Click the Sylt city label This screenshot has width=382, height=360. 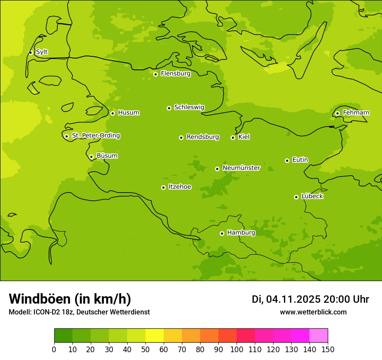coord(42,52)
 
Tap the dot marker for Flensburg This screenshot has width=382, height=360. coord(155,74)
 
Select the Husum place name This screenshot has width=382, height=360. coord(128,113)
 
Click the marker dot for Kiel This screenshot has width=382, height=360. coord(233,137)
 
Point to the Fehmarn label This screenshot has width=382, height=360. coord(356,113)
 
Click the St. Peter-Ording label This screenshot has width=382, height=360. coord(96,136)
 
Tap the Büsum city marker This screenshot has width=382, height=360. coord(91,157)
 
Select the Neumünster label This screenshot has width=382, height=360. coord(241,168)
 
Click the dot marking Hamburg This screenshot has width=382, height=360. coord(222,233)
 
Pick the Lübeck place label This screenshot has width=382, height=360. coord(312,196)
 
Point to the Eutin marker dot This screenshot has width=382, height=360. coord(287,160)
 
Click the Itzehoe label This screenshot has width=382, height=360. coord(180,187)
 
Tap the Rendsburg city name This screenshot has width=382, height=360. coord(203,137)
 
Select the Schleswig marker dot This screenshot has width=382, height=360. coord(169,108)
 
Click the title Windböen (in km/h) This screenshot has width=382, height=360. coord(70,299)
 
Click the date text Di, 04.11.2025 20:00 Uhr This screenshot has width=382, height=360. coord(310,299)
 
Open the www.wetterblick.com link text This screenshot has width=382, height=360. coord(313,312)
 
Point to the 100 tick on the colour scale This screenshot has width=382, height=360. coord(237,350)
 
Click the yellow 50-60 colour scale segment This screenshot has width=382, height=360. coord(154,335)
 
